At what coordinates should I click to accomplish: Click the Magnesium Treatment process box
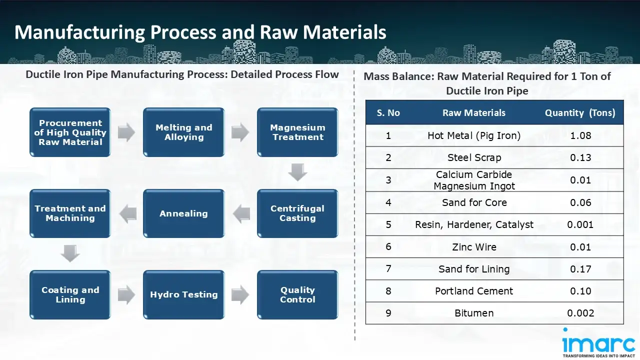click(x=297, y=132)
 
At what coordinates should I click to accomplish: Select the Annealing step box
click(x=183, y=213)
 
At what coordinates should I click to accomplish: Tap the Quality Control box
click(x=297, y=295)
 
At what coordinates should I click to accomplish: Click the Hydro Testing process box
click(x=183, y=295)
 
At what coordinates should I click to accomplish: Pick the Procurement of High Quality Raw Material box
click(x=70, y=132)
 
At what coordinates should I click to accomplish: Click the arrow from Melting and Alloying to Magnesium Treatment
click(x=240, y=132)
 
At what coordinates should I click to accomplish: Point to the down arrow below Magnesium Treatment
click(x=297, y=172)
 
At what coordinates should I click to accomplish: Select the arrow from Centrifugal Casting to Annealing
click(x=241, y=213)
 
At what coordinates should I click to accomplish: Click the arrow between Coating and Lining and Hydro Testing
click(x=127, y=295)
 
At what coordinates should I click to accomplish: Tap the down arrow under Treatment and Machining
click(x=70, y=253)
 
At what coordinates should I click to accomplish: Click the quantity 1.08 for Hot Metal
click(x=580, y=135)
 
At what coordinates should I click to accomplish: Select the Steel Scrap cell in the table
click(x=474, y=157)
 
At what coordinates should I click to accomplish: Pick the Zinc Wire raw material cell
click(x=474, y=247)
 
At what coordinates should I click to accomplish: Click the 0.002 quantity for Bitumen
click(x=580, y=313)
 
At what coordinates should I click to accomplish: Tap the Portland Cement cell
click(x=474, y=291)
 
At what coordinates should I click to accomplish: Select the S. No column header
click(x=388, y=113)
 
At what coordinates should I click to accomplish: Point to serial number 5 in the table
click(x=388, y=224)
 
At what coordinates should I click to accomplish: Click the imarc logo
click(x=598, y=344)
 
